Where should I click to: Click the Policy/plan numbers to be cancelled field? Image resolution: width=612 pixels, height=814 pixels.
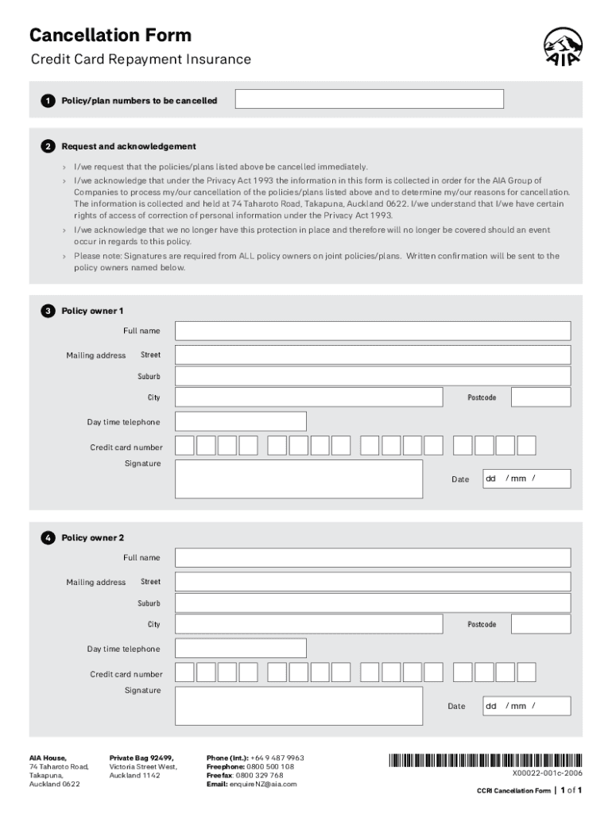(370, 99)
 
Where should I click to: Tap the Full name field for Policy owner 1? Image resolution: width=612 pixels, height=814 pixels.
(373, 331)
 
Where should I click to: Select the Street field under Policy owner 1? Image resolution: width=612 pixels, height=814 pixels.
(373, 355)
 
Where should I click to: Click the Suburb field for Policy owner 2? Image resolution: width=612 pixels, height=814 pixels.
(373, 603)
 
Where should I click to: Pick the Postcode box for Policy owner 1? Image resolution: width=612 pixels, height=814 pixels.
(540, 397)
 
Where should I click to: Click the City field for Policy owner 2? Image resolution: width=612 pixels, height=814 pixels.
(308, 624)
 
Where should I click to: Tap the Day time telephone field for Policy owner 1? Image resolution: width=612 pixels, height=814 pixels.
(240, 421)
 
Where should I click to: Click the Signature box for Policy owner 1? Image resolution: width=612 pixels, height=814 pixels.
(298, 479)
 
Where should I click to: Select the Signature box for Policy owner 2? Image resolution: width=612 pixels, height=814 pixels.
(298, 706)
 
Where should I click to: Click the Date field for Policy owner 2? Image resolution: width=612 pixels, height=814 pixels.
(526, 706)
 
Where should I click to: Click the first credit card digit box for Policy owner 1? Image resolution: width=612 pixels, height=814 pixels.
(184, 445)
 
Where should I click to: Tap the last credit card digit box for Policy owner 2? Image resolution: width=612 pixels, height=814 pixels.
(526, 673)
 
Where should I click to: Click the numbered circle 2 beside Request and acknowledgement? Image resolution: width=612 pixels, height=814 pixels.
(48, 146)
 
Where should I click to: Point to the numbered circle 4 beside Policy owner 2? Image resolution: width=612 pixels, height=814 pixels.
(48, 538)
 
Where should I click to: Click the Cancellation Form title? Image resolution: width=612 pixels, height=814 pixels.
(110, 35)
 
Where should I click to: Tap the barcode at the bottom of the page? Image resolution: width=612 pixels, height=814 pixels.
(485, 759)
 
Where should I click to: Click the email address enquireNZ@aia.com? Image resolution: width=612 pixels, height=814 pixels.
(263, 784)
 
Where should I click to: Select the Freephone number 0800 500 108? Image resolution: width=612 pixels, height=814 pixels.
(270, 766)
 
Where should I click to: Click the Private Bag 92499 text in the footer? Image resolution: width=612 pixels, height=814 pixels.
(141, 758)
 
